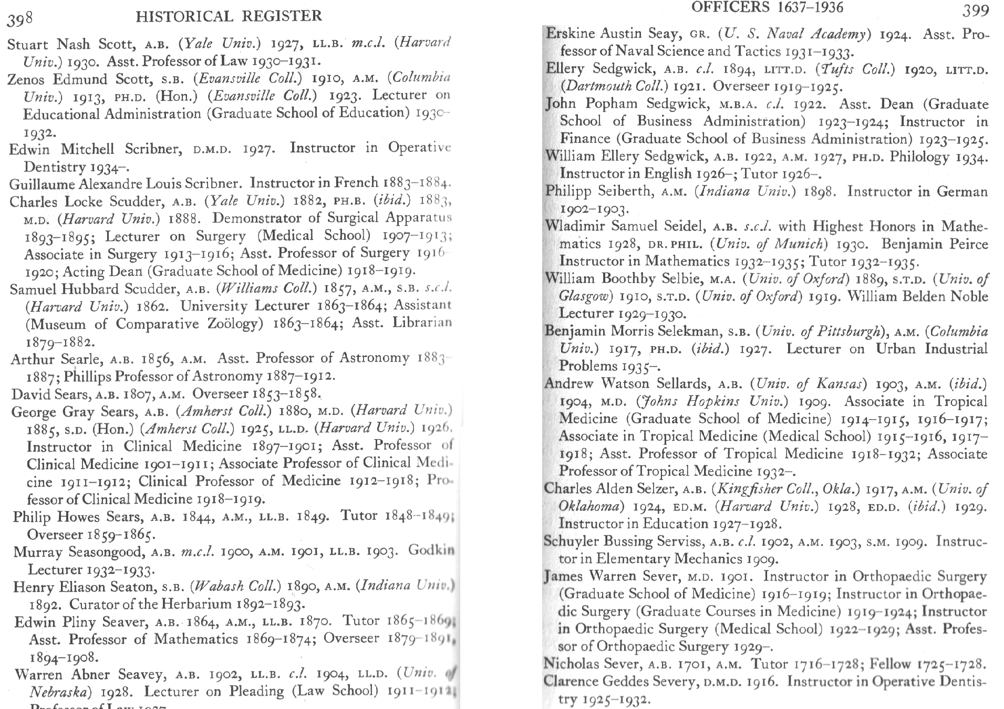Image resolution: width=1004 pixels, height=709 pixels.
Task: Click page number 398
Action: [20, 19]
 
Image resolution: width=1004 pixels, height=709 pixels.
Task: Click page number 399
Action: [976, 10]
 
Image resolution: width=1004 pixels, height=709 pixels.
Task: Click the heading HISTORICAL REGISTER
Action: [229, 16]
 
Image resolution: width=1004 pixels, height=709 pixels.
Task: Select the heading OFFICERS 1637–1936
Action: [767, 7]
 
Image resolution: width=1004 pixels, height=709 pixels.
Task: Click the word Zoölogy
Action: [231, 324]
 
